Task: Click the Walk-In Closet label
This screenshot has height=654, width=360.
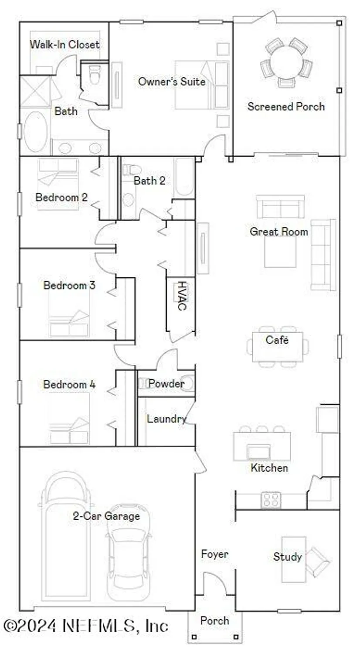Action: [x=64, y=44]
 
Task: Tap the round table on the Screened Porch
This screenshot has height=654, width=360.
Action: [x=286, y=61]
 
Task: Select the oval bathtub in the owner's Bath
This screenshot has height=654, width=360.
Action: [x=35, y=131]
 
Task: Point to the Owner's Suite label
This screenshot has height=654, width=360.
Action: [x=171, y=81]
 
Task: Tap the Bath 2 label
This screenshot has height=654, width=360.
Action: [x=149, y=181]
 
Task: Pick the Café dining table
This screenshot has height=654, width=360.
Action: [x=277, y=347]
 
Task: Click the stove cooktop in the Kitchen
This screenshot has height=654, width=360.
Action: [x=271, y=500]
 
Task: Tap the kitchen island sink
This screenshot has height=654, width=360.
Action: [x=258, y=452]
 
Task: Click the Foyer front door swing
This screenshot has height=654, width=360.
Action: [x=214, y=584]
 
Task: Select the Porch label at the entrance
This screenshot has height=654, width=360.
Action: [x=214, y=620]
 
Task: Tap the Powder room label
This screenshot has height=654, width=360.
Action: [x=166, y=384]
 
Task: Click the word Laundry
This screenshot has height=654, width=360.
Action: [x=166, y=419]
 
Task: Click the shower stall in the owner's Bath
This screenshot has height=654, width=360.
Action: [x=35, y=92]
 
